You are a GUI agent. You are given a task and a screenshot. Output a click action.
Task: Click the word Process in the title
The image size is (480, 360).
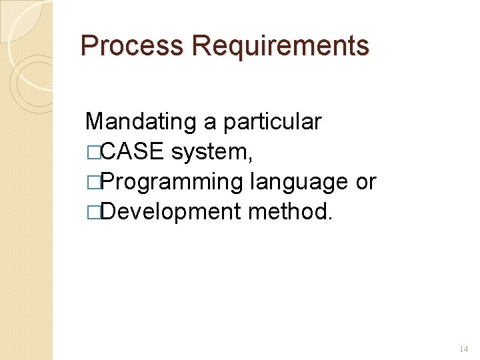tap(131, 46)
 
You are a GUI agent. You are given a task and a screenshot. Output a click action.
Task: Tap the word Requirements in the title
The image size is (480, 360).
tap(279, 46)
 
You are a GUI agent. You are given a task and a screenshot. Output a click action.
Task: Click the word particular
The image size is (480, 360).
tap(272, 122)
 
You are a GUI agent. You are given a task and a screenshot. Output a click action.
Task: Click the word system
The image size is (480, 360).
tap(209, 153)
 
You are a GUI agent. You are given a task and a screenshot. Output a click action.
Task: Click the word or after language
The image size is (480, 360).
tap(366, 182)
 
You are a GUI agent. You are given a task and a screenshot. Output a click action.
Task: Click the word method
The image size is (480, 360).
tap(287, 212)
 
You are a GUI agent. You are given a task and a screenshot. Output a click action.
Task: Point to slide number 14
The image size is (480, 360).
tap(465, 349)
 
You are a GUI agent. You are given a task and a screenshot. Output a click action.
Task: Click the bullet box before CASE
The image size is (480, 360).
tap(91, 153)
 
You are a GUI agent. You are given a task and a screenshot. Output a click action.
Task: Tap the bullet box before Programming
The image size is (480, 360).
tap(91, 183)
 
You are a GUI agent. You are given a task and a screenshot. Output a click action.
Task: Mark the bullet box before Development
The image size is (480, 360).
tap(91, 213)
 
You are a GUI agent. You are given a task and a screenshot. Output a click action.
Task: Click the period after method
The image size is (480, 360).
tap(329, 218)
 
